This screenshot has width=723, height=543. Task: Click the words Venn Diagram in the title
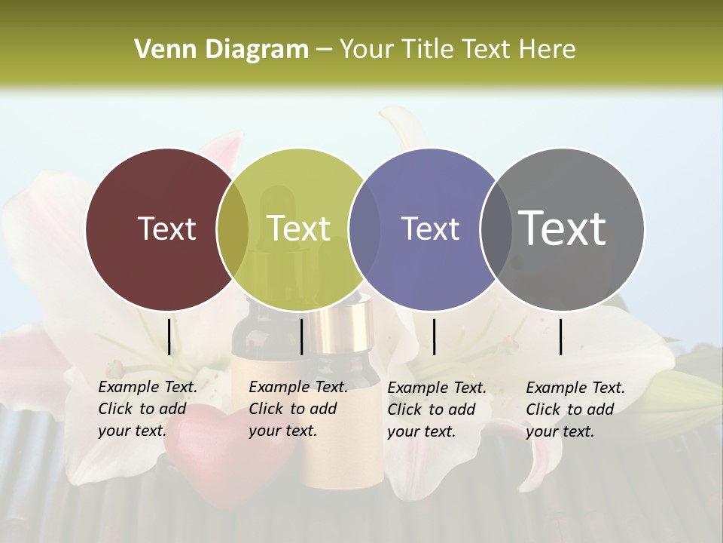pos(221,50)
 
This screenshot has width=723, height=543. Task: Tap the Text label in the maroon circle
pos(166,229)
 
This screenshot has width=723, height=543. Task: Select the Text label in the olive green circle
pos(298,229)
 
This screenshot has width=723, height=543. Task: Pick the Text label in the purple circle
pos(430,229)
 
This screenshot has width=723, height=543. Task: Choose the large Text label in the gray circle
pos(562,228)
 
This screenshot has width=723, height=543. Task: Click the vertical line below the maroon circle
pos(169,336)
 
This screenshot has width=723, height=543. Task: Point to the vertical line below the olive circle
pos(301,336)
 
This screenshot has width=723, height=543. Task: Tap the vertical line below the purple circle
pos(434,336)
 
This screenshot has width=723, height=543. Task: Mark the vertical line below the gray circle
pos(561,336)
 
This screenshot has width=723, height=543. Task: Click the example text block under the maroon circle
pos(148,409)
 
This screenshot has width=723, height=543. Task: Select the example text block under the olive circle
pos(298,409)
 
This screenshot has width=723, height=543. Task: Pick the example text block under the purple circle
pos(437,409)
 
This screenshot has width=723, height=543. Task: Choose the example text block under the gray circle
pos(575,409)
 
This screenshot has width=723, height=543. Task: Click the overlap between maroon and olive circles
pos(233,229)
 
